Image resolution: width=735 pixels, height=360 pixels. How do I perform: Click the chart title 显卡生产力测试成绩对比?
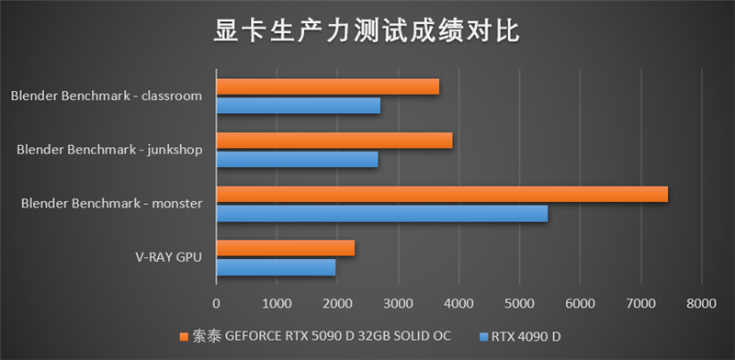coord(367,33)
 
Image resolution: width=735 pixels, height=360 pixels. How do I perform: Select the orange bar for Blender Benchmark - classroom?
coord(327,86)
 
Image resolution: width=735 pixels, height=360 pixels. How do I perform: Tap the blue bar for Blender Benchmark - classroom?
coord(298,106)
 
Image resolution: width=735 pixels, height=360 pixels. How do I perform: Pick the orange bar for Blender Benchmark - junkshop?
coord(334,140)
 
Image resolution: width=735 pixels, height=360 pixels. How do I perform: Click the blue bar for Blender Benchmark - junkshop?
coord(297,159)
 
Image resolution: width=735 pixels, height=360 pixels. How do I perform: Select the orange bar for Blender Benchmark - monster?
coord(442,194)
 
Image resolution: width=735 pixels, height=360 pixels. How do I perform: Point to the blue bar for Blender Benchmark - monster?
coord(381,213)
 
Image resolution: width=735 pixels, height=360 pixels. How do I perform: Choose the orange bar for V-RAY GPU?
coord(285,248)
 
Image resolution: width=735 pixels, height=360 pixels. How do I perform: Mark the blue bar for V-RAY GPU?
coord(276,267)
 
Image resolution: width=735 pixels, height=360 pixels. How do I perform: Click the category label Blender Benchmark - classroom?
coord(107,96)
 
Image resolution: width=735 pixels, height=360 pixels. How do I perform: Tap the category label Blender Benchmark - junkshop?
coord(109,149)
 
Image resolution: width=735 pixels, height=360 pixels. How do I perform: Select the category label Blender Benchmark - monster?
coord(111,203)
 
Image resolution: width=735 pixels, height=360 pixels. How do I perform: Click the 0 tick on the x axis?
coord(217,302)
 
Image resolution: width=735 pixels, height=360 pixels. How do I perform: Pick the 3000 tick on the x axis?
coord(398,302)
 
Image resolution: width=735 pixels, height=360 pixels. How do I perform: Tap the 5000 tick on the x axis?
coord(519,302)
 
